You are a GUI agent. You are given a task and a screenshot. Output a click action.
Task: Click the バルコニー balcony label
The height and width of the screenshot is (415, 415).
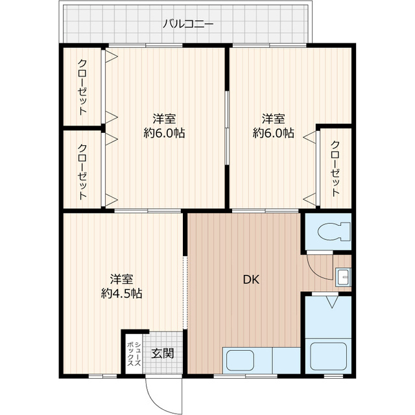[187, 25]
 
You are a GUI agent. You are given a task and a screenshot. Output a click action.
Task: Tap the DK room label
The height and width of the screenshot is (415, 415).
[251, 279]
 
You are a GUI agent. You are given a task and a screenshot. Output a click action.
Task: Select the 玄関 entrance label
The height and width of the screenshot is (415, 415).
[163, 353]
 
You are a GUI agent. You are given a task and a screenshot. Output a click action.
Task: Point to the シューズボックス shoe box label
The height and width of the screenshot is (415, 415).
[134, 354]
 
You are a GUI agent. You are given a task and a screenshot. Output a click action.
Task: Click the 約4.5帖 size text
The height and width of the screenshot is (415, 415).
[122, 293]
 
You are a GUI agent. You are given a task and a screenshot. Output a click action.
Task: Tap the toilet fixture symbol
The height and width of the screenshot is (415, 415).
[333, 232]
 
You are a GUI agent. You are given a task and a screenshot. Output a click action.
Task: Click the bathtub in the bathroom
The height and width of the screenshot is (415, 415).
[328, 356]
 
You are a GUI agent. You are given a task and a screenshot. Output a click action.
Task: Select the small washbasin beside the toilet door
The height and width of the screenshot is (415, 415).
[343, 277]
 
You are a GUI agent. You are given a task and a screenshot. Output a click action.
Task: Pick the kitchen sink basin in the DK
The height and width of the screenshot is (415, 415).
[241, 361]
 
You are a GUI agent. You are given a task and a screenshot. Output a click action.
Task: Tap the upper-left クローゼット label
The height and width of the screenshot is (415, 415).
[82, 88]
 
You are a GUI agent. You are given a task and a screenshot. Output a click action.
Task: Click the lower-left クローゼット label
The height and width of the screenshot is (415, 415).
[82, 172]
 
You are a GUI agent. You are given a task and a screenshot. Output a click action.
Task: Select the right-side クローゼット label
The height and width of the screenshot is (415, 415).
[335, 169]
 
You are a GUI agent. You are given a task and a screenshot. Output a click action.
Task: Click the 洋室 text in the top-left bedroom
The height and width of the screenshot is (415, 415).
[164, 119]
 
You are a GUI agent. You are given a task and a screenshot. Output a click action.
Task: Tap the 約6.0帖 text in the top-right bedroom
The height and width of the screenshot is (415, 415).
[274, 132]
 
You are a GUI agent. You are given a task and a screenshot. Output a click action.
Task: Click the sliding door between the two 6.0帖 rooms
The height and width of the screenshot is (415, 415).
[226, 128]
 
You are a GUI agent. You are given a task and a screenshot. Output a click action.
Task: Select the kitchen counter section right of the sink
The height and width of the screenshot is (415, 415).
[287, 361]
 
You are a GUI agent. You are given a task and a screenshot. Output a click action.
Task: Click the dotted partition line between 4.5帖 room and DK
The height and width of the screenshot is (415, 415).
[185, 292]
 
